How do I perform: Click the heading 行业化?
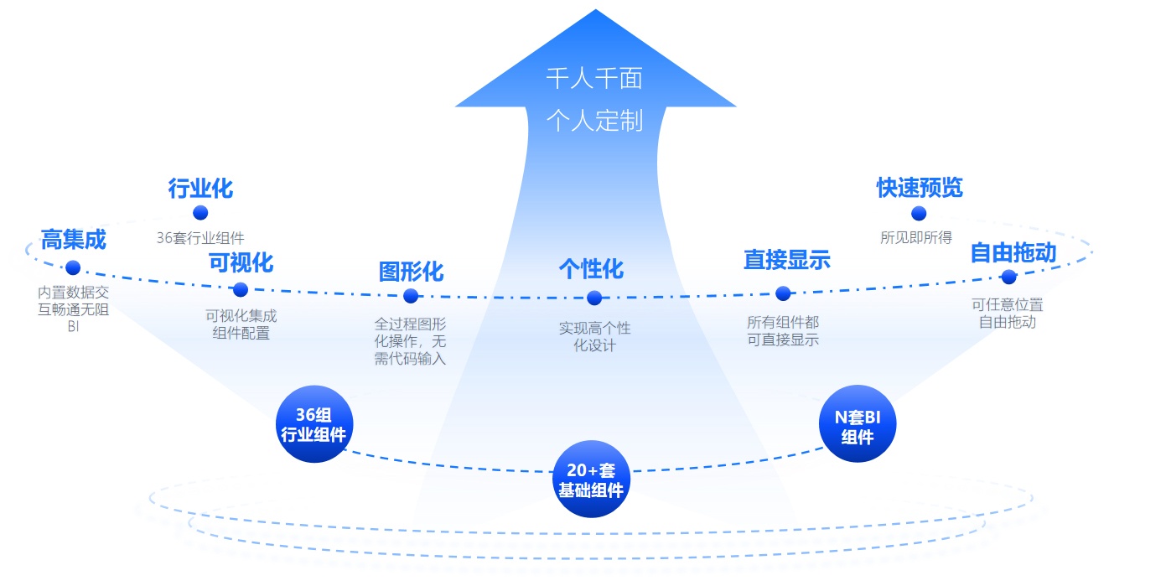click(x=200, y=189)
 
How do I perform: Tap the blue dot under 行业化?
click(x=200, y=213)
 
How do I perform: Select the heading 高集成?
click(x=74, y=240)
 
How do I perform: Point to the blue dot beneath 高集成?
click(x=73, y=267)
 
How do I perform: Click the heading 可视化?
click(x=241, y=262)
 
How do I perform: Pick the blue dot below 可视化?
click(x=241, y=290)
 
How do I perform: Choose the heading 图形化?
click(x=411, y=272)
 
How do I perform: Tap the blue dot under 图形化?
click(x=411, y=296)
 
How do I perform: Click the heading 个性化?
click(x=592, y=269)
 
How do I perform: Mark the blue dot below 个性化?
click(x=594, y=298)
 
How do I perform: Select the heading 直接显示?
click(x=786, y=260)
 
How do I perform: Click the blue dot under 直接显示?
click(x=783, y=293)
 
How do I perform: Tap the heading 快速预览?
click(x=920, y=188)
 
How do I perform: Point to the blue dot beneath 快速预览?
click(x=919, y=214)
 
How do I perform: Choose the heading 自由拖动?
click(x=1013, y=252)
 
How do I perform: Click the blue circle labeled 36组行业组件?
click(x=314, y=424)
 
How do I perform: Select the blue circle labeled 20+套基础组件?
click(x=592, y=480)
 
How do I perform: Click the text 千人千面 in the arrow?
click(x=594, y=79)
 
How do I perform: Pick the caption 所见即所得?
click(x=916, y=238)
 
